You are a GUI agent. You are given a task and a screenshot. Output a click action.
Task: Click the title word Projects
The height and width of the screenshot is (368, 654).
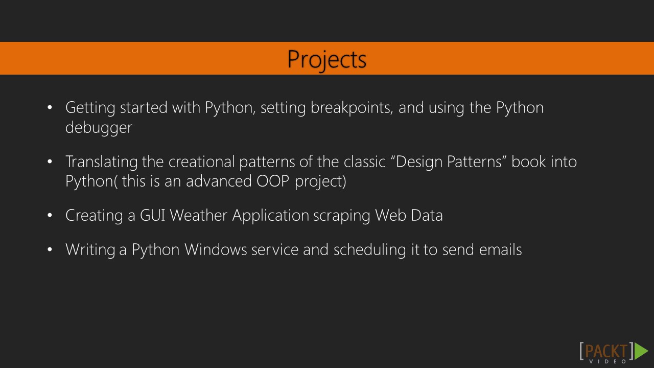(326, 59)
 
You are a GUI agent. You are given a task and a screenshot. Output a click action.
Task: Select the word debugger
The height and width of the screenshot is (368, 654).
(99, 128)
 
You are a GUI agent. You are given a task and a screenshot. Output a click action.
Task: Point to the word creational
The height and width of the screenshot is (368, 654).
(201, 162)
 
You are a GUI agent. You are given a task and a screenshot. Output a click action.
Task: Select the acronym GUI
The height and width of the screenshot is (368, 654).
(152, 216)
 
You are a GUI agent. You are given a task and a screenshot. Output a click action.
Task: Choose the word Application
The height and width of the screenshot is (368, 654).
(270, 216)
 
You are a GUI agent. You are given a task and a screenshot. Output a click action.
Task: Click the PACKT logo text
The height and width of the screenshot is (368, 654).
(606, 351)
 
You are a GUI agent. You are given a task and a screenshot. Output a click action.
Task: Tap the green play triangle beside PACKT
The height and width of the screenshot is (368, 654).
(641, 351)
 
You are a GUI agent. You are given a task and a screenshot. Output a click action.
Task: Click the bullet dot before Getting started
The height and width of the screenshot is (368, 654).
(50, 108)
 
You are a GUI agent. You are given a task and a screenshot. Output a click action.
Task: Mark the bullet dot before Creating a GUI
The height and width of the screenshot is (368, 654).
(50, 216)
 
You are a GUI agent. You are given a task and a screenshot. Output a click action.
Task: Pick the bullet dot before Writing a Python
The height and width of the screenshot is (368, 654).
(50, 250)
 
